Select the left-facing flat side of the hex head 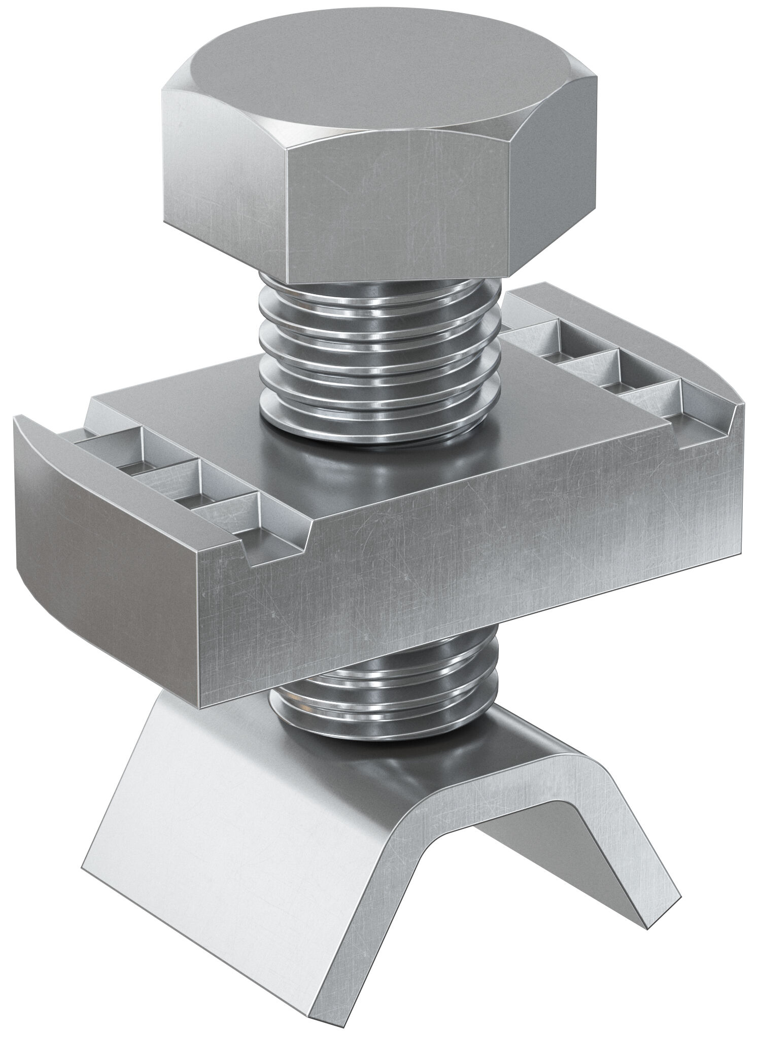pyautogui.click(x=223, y=167)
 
